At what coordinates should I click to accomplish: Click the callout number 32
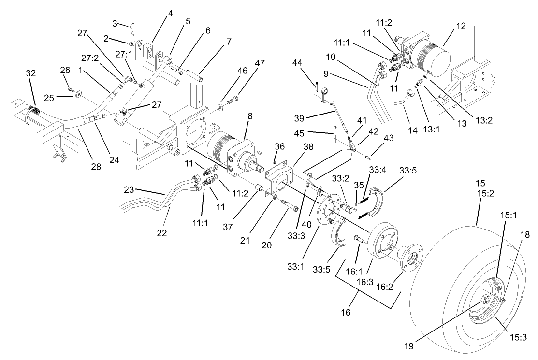click(30, 73)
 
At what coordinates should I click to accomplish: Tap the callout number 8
click(249, 116)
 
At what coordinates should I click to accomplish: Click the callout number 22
click(161, 233)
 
